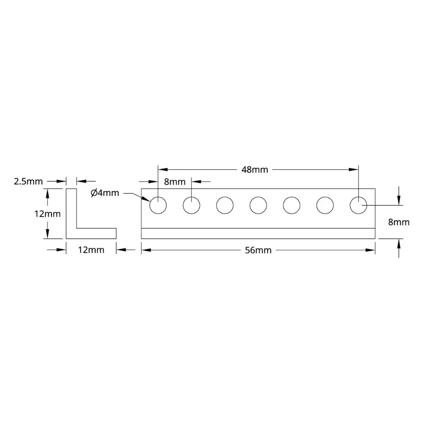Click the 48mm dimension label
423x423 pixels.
(255, 170)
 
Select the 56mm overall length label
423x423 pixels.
(258, 250)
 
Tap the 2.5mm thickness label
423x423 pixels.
(28, 181)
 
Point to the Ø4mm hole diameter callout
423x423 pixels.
(105, 193)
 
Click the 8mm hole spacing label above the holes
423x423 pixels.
(175, 182)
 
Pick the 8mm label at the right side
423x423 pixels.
(399, 222)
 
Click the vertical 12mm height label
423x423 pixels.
(47, 214)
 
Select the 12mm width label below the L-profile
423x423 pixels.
(91, 250)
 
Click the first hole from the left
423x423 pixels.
(158, 205)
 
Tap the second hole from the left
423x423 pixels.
(192, 205)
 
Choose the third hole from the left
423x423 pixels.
(225, 205)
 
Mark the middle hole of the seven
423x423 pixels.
(258, 205)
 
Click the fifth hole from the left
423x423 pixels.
(291, 205)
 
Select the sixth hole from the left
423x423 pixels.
(325, 205)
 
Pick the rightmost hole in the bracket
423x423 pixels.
(359, 205)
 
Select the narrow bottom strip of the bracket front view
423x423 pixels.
(258, 233)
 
